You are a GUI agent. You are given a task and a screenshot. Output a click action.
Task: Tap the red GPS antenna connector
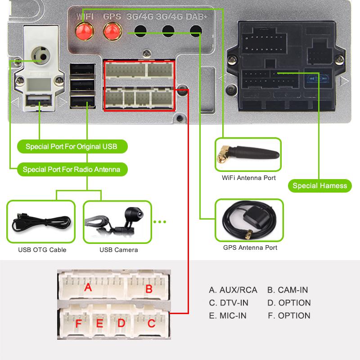pos(110,31)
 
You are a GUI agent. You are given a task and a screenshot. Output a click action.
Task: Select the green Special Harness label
pos(319,185)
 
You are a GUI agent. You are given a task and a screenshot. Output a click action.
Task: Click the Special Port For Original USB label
pos(71,147)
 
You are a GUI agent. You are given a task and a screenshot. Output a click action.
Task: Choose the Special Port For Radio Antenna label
pos(72,170)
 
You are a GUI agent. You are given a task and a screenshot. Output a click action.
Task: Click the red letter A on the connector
pos(88,287)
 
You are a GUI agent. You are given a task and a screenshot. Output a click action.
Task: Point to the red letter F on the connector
pos(79,324)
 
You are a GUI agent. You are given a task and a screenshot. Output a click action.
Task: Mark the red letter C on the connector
pos(151,323)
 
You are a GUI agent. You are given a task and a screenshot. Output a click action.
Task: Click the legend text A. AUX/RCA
pos(233,290)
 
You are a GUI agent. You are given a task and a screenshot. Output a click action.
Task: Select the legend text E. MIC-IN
pos(228,315)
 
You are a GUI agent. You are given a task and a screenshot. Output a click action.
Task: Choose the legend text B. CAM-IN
pos(287,290)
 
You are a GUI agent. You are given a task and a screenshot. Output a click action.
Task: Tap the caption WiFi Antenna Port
pos(249,178)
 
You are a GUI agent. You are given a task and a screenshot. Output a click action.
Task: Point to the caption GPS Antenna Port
pos(250,247)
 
